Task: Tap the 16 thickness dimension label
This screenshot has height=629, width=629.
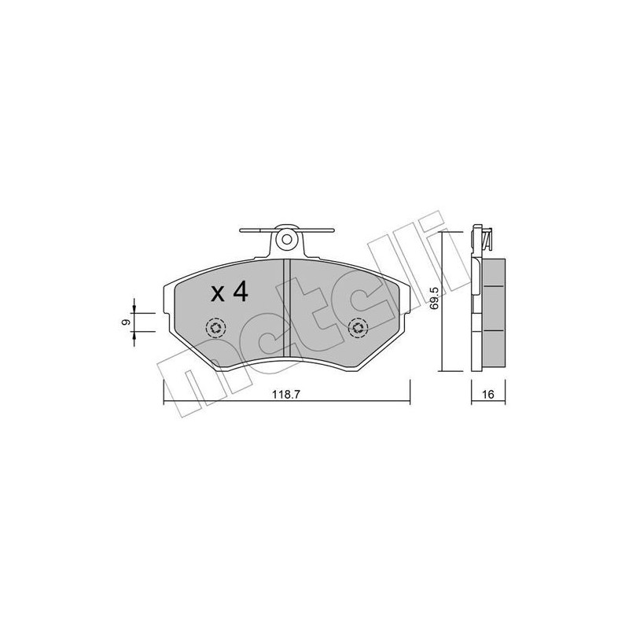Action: (x=487, y=395)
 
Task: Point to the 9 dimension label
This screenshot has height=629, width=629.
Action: (x=125, y=322)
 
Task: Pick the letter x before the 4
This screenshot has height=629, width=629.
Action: (x=218, y=295)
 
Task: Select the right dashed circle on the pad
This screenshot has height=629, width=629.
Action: (x=359, y=328)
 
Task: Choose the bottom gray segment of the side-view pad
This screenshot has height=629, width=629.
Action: (x=493, y=348)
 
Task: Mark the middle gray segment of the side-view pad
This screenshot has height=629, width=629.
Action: (x=493, y=310)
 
